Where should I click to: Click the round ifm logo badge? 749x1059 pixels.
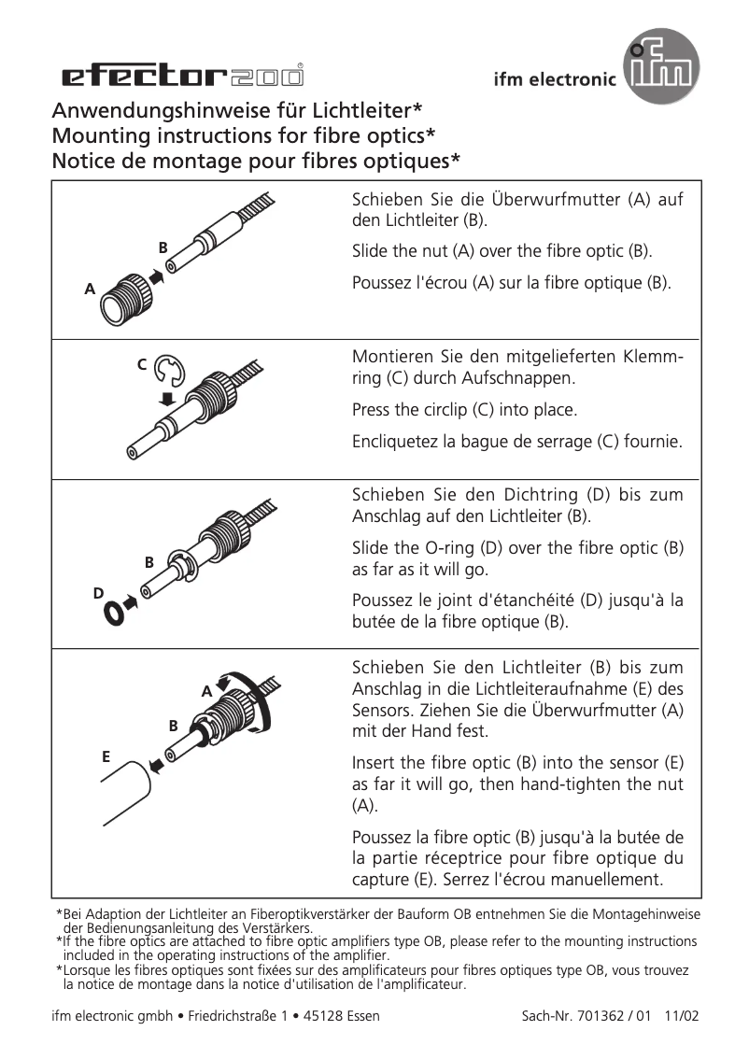pyautogui.click(x=661, y=66)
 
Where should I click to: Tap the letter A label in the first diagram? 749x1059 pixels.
pyautogui.click(x=91, y=289)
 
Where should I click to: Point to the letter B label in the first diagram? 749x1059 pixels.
pyautogui.click(x=163, y=247)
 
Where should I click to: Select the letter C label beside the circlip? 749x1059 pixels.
pyautogui.click(x=142, y=364)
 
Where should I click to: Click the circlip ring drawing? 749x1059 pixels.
pyautogui.click(x=170, y=371)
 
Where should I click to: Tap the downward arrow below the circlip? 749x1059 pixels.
pyautogui.click(x=168, y=399)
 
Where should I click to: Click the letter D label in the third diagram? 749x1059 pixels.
pyautogui.click(x=98, y=593)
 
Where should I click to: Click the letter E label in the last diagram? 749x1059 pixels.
pyautogui.click(x=106, y=755)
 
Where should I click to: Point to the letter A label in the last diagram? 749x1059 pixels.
pyautogui.click(x=206, y=691)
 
